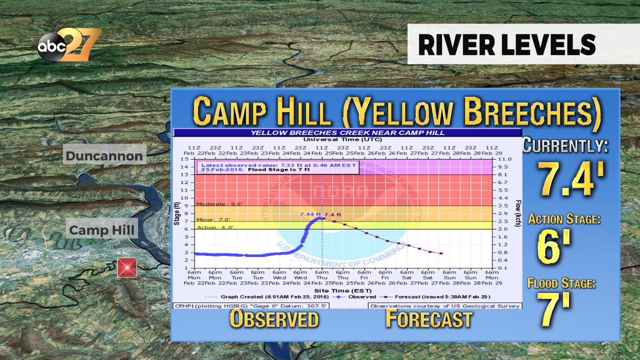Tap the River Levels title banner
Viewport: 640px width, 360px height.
[506, 45]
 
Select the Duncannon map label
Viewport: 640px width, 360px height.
[104, 156]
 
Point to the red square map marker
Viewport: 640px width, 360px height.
[127, 268]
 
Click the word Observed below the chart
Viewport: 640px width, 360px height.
[274, 319]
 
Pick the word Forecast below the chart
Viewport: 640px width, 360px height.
[429, 319]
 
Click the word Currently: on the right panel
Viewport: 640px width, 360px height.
[565, 146]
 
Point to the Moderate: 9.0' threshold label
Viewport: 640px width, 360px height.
[212, 204]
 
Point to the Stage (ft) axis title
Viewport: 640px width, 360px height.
[177, 213]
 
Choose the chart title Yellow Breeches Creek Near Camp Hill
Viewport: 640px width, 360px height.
[348, 133]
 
